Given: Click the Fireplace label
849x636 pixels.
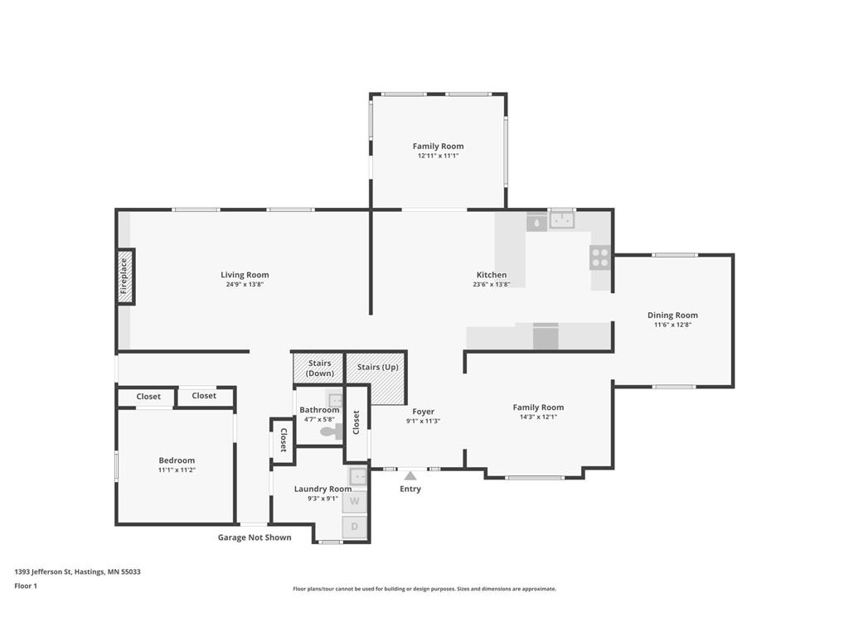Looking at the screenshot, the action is (124, 277).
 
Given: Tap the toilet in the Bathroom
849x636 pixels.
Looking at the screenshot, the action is (332, 431).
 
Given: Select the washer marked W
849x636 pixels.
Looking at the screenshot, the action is (355, 501).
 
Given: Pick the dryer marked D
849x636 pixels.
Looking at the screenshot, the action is (355, 527).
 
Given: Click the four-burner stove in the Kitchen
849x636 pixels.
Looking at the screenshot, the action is (600, 258).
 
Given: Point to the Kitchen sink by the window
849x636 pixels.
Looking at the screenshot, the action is (562, 220).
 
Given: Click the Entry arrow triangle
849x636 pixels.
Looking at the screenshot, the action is (410, 476).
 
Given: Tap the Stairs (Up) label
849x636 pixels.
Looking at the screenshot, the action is (378, 367).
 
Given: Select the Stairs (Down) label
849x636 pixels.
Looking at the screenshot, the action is (319, 369).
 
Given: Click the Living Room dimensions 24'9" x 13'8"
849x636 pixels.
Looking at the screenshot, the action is (245, 285).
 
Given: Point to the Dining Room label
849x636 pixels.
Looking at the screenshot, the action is (672, 316).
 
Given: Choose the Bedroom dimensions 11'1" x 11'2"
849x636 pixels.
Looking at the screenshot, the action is (177, 470).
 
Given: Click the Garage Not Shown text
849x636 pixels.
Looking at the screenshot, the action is (255, 537).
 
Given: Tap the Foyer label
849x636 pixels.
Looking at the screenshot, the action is (424, 412).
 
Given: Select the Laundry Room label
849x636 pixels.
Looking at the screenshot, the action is (323, 489).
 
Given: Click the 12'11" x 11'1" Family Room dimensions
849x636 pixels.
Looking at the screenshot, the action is (438, 156).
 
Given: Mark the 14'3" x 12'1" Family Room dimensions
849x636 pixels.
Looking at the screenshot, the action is (538, 417).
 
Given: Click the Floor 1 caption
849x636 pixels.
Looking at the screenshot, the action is (26, 585).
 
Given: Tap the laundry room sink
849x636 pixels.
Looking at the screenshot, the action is (358, 477).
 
